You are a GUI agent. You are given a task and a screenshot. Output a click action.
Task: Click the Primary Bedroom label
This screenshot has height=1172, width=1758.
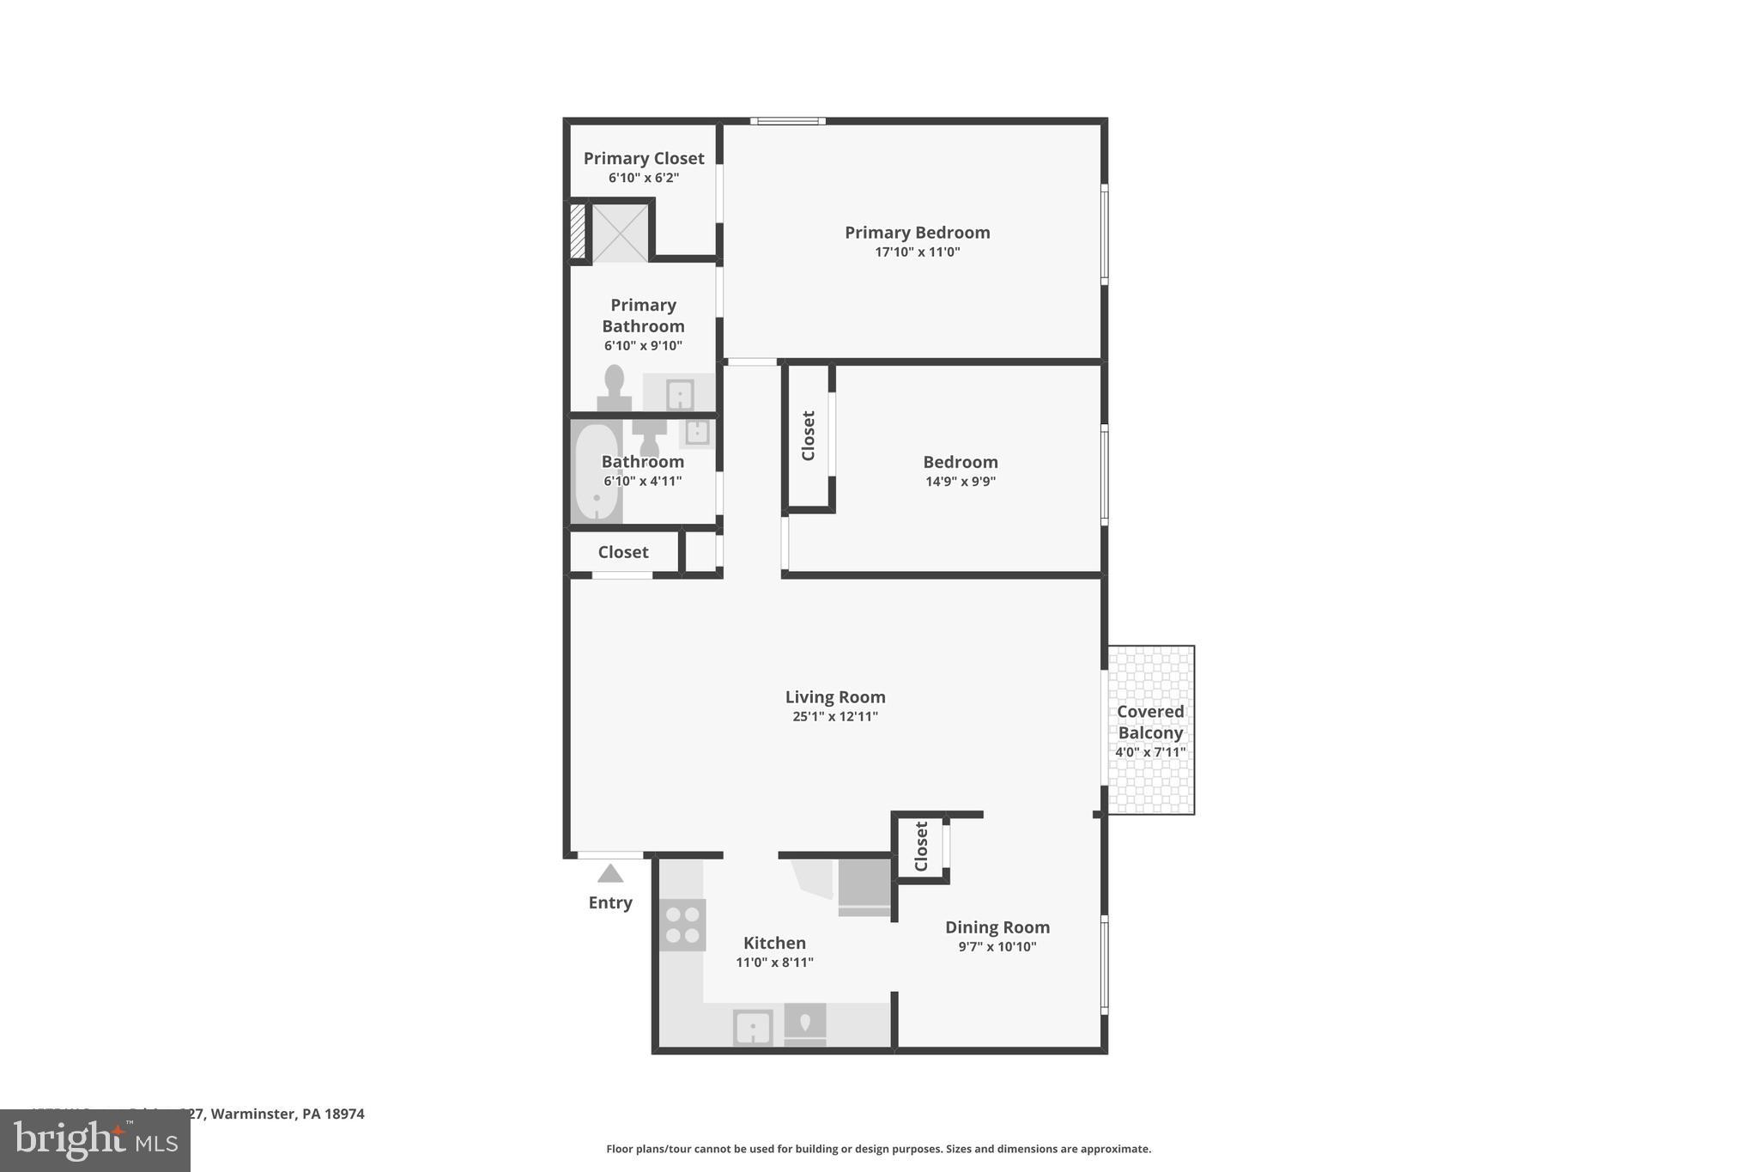point(917,233)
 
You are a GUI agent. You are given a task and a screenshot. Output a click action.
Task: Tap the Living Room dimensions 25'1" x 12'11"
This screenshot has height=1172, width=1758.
point(834,716)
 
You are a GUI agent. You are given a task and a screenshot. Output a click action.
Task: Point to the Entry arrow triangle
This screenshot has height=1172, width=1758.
point(610,874)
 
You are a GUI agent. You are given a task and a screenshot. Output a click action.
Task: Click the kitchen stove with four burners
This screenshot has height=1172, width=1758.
point(682,925)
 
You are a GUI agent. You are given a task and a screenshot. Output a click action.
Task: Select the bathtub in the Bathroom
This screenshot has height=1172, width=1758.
point(596,472)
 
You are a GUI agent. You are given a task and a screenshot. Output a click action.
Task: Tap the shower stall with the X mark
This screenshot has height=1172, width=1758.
point(620,233)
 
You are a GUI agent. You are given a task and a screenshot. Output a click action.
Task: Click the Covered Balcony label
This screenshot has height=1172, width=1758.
point(1150,722)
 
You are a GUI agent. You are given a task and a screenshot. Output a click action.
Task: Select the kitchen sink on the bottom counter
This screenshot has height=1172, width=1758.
point(753,1028)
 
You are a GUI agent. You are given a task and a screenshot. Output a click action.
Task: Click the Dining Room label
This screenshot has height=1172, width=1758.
point(997,927)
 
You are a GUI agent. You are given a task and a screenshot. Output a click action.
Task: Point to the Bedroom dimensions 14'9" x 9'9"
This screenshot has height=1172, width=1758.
point(960,482)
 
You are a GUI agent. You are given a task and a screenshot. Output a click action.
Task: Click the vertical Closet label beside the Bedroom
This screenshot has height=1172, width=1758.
point(808,435)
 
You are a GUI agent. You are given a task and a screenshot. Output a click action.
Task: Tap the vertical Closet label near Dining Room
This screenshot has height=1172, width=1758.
point(921,847)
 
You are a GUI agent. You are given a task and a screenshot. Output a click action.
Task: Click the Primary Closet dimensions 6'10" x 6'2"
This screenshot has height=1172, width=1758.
point(643,178)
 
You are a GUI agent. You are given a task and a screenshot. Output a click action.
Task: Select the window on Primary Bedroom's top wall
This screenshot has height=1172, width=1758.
point(787,121)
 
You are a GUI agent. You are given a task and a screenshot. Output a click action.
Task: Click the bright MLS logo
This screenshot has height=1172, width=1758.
point(95,1141)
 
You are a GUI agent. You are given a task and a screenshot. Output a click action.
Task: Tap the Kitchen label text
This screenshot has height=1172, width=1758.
point(774,943)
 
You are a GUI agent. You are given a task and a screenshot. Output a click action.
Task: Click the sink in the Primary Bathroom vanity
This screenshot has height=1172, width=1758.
point(680,395)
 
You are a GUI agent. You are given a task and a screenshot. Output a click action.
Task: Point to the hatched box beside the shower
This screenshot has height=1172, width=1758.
point(578,230)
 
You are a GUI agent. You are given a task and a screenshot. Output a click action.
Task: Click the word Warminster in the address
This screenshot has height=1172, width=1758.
point(254,1114)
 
